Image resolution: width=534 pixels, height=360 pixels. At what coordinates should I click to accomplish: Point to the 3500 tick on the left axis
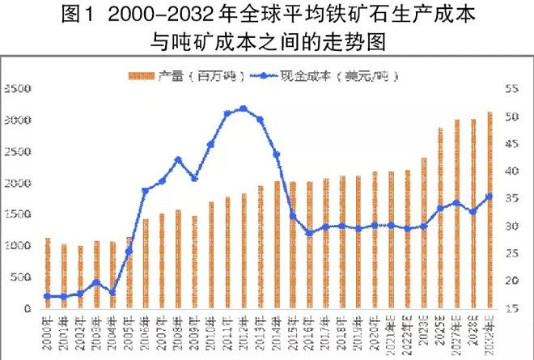16,88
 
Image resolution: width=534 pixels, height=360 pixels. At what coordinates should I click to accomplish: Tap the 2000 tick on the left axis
16,183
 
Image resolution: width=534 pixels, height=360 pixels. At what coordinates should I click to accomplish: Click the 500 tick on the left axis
18,277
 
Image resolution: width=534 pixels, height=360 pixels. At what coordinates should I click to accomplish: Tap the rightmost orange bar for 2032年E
489,210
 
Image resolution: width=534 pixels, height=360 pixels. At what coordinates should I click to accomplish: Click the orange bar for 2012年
244,251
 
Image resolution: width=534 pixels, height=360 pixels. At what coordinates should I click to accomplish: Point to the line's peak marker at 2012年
244,108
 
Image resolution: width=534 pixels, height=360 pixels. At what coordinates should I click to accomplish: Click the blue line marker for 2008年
178,160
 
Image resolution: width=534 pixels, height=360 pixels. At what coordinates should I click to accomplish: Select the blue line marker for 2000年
48,296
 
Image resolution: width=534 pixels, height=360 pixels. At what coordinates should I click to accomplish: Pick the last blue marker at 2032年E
489,196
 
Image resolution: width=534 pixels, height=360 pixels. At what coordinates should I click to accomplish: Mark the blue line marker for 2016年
309,233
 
